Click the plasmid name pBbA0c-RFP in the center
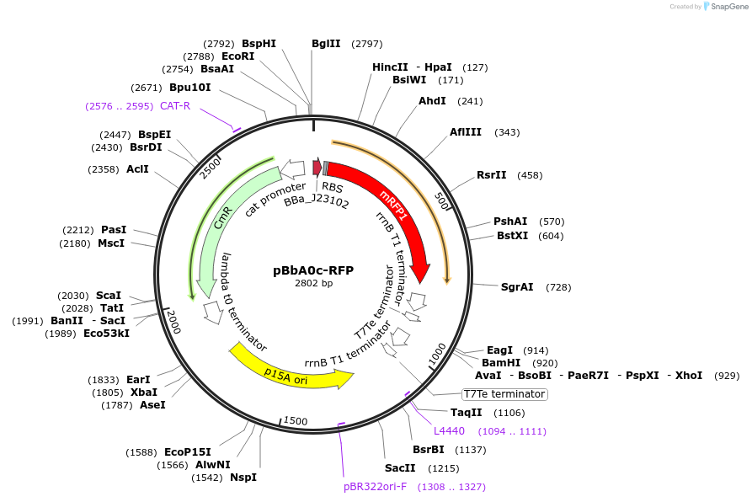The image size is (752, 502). [x=313, y=270]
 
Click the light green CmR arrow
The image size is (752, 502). [x=221, y=223]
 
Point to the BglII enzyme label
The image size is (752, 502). [x=326, y=43]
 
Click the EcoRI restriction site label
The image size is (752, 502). [x=237, y=56]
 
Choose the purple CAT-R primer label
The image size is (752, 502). [x=175, y=106]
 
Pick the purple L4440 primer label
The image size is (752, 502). [x=449, y=431]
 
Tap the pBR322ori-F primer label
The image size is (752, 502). [x=375, y=487]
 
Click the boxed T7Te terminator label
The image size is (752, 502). [x=504, y=394]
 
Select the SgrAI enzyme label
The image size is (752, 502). [x=517, y=287]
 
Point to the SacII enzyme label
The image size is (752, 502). [x=400, y=468]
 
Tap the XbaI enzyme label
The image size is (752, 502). [x=144, y=392]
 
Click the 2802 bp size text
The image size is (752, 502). [x=313, y=284]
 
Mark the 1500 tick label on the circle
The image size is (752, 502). [x=296, y=420]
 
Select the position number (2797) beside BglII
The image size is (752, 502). [x=367, y=44]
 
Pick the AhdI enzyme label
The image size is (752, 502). [x=432, y=101]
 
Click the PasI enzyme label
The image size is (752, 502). [x=114, y=229]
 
